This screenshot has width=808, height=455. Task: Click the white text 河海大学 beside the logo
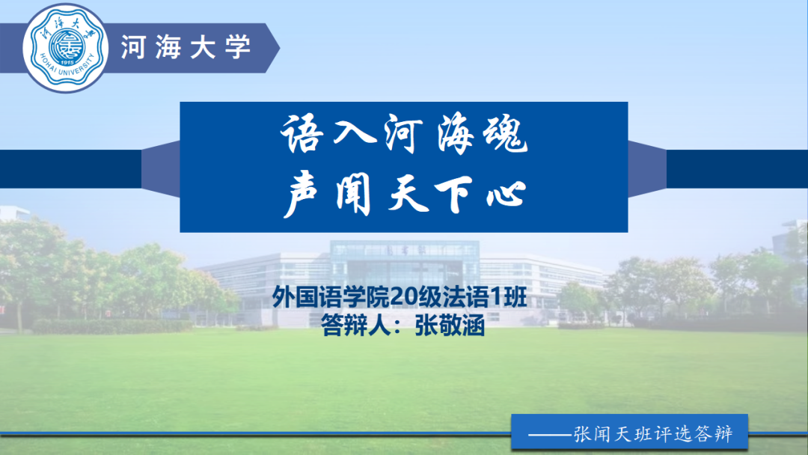pos(186,47)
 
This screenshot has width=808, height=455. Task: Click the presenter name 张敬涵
pos(449,328)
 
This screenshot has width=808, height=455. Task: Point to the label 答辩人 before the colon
pos(350,328)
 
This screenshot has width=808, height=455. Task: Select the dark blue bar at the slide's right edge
pos(736,169)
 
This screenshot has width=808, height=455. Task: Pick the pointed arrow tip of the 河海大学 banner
pos(274,47)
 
